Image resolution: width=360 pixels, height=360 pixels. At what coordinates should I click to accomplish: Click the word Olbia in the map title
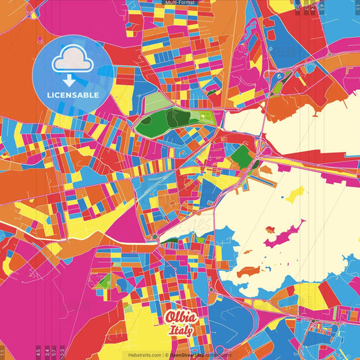(x=180, y=317)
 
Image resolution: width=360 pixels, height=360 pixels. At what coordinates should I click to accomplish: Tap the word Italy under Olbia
(x=181, y=330)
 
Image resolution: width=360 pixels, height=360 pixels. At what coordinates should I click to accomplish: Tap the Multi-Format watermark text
(x=180, y=3)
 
